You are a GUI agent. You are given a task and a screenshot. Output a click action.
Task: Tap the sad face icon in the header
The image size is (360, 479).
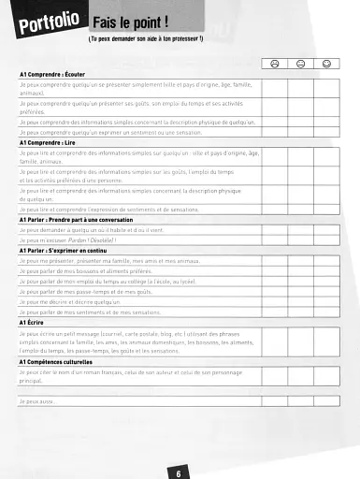pyautogui.click(x=275, y=63)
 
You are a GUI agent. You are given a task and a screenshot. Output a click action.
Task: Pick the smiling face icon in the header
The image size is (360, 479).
pyautogui.click(x=326, y=63)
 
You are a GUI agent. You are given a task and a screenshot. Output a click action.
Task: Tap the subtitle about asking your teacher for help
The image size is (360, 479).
pyautogui.click(x=145, y=40)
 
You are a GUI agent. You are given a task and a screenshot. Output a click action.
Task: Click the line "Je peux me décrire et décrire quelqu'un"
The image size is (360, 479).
pyautogui.click(x=70, y=301)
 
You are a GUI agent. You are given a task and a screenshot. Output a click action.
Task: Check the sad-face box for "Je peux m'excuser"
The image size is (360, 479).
pyautogui.click(x=275, y=239)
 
